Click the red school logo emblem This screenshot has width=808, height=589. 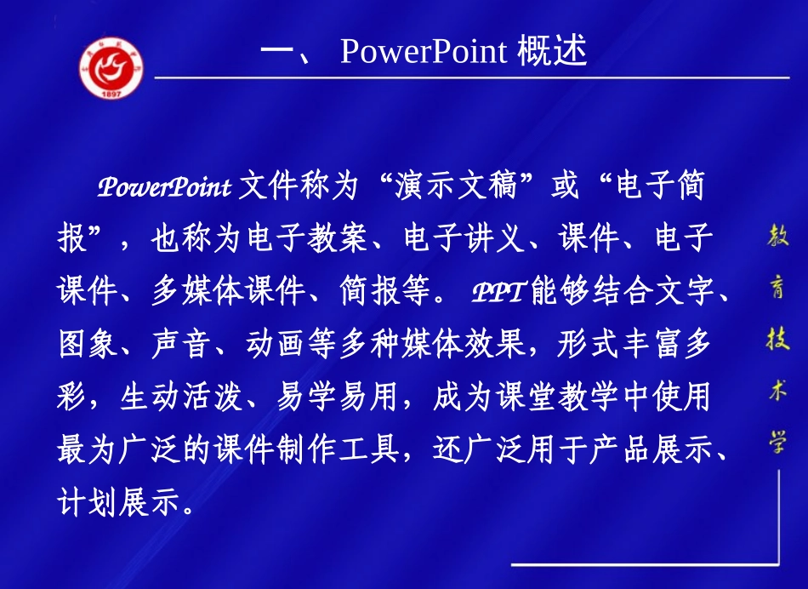click(x=111, y=66)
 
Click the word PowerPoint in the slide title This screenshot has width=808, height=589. click(x=424, y=52)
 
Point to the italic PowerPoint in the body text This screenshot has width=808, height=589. click(x=164, y=187)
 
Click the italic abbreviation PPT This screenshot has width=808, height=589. click(x=498, y=292)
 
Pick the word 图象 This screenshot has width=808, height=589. click(x=88, y=344)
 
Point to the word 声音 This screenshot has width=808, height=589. click(x=182, y=344)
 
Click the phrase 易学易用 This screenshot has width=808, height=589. click(x=339, y=397)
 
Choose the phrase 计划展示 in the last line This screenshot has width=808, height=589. click(x=119, y=502)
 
